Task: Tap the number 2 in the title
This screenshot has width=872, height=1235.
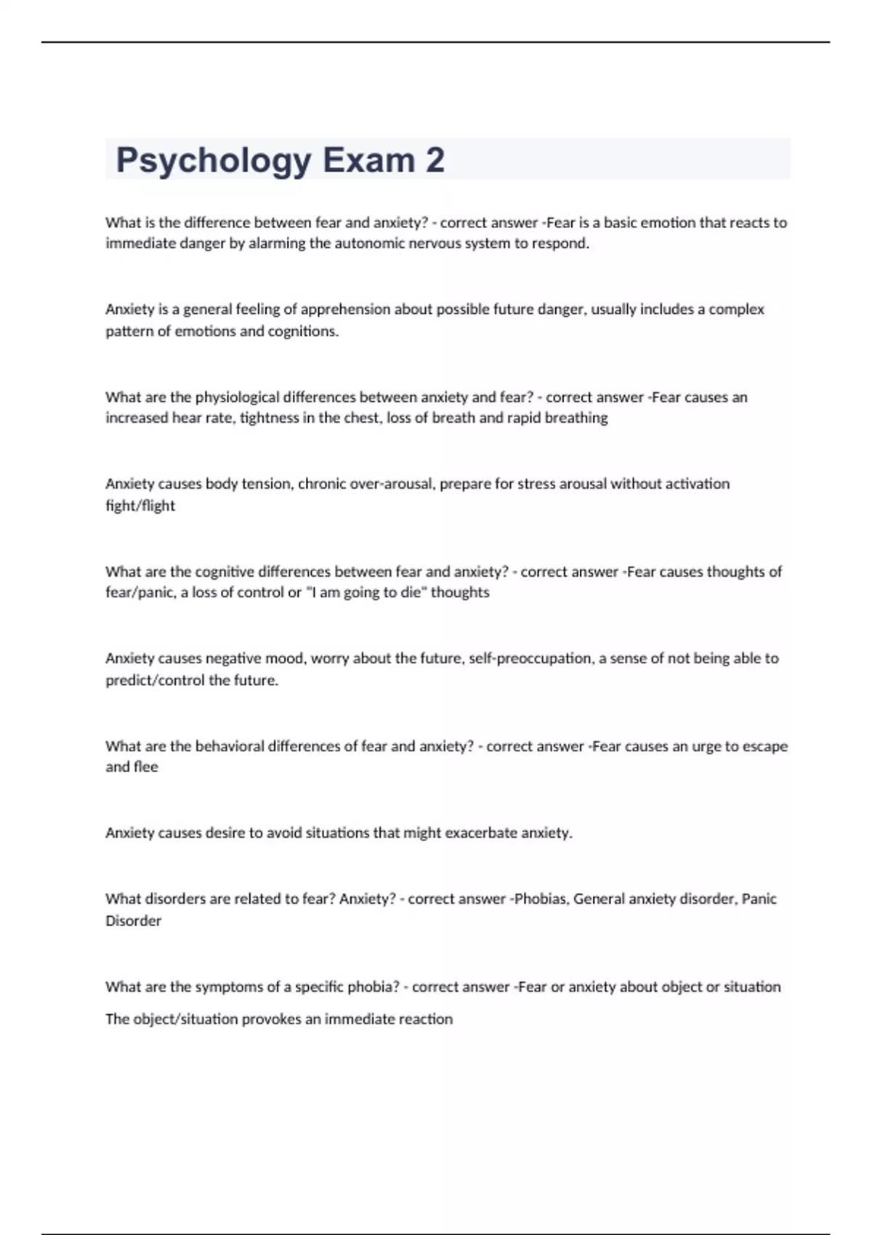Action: click(x=435, y=160)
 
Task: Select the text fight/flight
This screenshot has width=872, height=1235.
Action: click(x=140, y=506)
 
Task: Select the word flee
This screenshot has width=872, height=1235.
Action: click(x=146, y=767)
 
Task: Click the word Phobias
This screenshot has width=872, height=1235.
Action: click(x=541, y=899)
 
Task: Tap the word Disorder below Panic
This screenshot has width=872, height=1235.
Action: click(x=134, y=921)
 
